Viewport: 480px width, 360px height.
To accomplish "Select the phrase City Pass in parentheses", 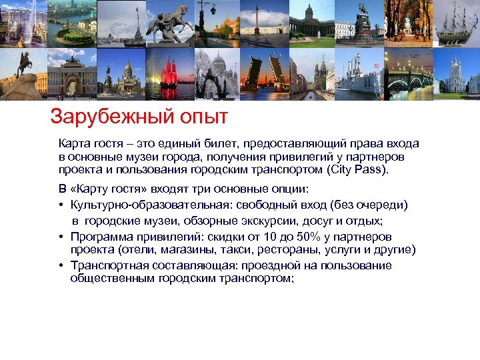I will click(x=358, y=169).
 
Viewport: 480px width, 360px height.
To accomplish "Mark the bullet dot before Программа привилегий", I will click(x=61, y=237).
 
